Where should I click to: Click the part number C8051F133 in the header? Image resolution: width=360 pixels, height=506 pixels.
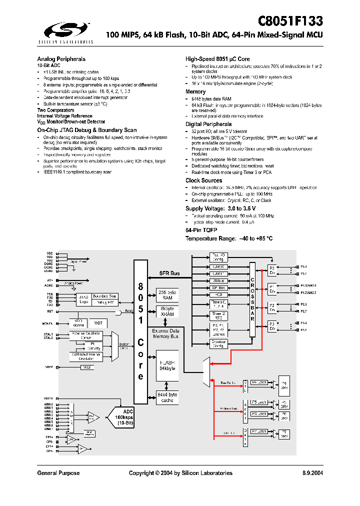tap(290, 21)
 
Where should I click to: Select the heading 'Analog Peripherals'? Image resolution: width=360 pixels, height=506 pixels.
tap(61, 59)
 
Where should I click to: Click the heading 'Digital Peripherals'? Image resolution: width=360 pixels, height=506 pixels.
tap(208, 124)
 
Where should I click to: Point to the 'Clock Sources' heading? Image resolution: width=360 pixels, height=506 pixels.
tap(203, 180)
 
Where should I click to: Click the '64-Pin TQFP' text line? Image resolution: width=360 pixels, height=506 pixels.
tap(201, 229)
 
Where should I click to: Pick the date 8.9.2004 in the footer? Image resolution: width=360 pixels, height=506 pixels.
tap(312, 473)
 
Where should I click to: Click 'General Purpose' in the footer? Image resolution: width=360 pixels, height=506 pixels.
tap(58, 473)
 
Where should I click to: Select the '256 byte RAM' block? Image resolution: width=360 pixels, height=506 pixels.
tap(167, 294)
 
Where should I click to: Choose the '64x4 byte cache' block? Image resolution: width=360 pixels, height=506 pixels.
tap(167, 397)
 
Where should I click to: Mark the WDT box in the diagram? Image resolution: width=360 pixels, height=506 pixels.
tap(98, 323)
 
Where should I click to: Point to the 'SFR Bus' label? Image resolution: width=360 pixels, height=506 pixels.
tap(169, 273)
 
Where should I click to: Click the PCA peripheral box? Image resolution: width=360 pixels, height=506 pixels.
tap(218, 295)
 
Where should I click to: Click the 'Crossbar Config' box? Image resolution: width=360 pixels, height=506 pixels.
tap(218, 343)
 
